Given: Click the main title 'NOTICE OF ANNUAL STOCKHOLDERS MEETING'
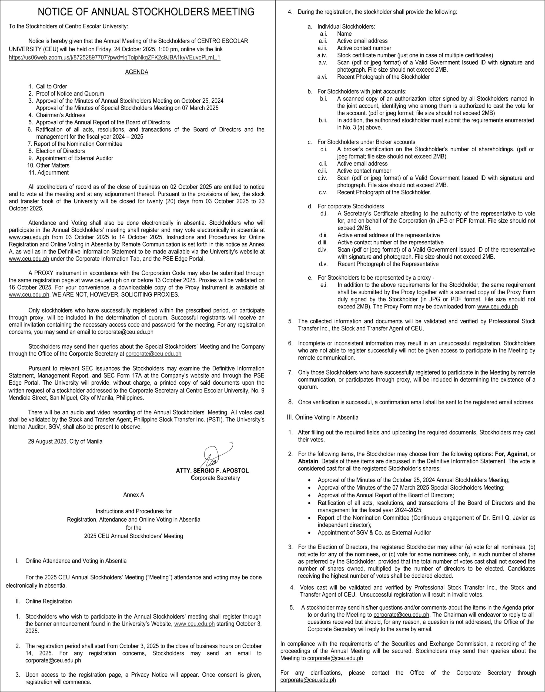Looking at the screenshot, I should [146, 12].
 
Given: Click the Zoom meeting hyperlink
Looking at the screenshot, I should [115, 58].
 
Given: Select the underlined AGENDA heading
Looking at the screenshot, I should [136, 72].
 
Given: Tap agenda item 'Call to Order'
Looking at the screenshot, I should [51, 86].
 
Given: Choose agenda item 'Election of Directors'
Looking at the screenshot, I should [60, 151].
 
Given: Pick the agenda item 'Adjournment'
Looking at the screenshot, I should [53, 173].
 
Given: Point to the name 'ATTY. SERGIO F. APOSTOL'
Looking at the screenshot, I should [212, 471].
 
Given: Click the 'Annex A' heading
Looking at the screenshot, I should [134, 495].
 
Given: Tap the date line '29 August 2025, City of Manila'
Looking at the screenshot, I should [65, 441].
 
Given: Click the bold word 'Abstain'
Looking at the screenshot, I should [308, 461].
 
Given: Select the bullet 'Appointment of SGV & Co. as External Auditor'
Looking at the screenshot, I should [374, 533].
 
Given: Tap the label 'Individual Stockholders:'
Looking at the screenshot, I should [346, 26].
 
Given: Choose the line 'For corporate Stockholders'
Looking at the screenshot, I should [351, 206].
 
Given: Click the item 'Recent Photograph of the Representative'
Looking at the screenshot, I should [388, 264].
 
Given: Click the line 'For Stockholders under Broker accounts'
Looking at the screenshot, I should [366, 142].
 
